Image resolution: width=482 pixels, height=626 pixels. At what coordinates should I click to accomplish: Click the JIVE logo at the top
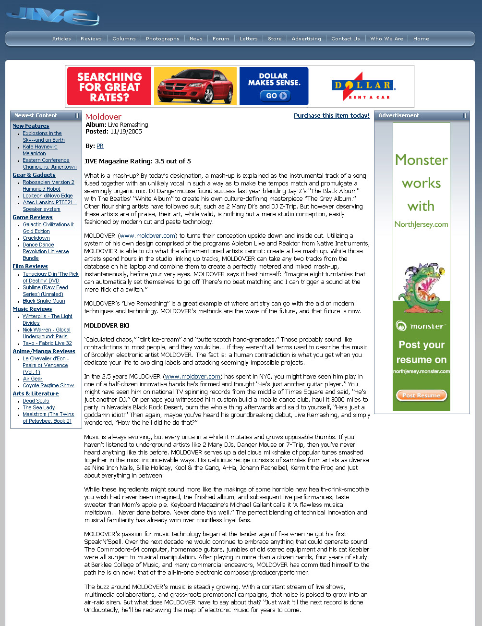coord(53,17)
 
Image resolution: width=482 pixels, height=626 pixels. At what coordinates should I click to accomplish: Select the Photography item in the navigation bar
coord(162,39)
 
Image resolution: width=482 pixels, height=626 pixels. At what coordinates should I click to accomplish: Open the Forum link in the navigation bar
coord(221,39)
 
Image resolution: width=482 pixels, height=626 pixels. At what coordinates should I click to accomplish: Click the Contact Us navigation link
coord(345,39)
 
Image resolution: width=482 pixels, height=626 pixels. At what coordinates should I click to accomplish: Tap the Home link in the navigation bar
coord(421,39)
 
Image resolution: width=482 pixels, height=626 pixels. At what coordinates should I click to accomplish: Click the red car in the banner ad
coord(195,86)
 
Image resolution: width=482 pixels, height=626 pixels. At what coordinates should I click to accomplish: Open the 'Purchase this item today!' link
coord(332,116)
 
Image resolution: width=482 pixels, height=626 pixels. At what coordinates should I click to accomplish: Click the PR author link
coord(100,146)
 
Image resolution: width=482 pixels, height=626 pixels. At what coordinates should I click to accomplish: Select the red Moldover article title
coord(103,117)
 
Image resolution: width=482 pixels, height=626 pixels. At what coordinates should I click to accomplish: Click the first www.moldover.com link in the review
coord(147,236)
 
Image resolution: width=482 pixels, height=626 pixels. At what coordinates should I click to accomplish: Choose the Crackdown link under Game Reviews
coord(36,238)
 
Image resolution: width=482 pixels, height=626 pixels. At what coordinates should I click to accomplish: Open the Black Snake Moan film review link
coord(44,301)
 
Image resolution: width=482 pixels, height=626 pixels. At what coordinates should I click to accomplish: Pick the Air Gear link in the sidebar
coord(33,379)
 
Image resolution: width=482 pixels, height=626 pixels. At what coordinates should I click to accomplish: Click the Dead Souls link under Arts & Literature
coord(36,401)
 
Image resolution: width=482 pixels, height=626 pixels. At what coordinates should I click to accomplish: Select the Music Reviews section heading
coord(32,309)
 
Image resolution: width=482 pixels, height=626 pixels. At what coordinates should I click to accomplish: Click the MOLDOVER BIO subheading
coord(107,326)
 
